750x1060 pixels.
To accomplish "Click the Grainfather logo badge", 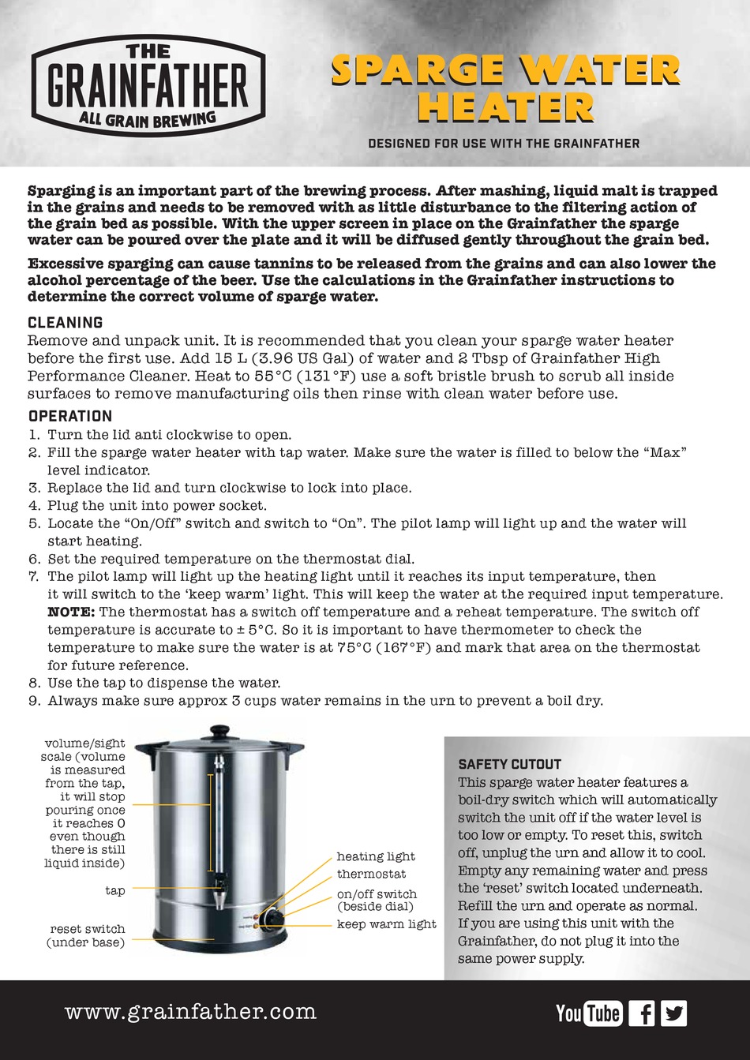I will (148, 85).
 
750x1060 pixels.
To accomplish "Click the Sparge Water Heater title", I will (505, 88).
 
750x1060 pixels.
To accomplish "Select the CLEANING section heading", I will (66, 323).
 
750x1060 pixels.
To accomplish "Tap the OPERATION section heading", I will (70, 416).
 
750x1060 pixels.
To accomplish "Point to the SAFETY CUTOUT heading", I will (509, 764).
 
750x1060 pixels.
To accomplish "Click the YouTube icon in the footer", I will (589, 1013).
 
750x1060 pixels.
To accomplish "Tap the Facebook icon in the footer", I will (642, 1013).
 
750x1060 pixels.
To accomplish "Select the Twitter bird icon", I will (674, 1013).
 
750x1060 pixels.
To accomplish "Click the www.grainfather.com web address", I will (190, 1012).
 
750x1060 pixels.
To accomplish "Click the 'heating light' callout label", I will (375, 856).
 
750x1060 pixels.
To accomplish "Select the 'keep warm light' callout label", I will (386, 924).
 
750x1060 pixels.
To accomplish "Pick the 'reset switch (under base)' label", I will (87, 936).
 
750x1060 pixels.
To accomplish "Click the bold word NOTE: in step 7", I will (71, 612).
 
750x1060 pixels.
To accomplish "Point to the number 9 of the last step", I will (34, 701).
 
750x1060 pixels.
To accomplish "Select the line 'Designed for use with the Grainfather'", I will (504, 144).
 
